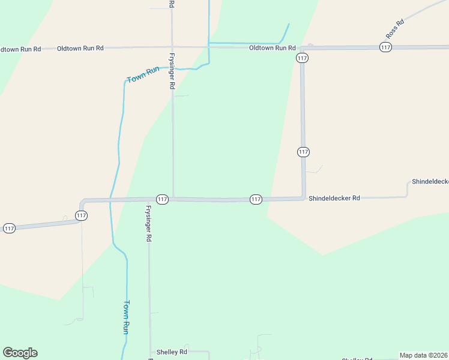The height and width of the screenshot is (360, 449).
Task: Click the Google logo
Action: tap(20, 353)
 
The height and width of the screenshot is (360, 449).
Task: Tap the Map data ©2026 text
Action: tap(423, 355)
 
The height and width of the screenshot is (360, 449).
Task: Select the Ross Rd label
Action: tap(395, 30)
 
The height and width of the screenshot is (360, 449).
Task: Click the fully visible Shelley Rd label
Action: tap(172, 352)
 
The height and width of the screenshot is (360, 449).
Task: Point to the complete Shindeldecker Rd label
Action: tap(334, 198)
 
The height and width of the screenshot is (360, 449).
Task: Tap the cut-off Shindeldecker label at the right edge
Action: tap(430, 181)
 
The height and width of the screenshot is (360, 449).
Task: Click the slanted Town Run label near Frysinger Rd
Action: tap(143, 74)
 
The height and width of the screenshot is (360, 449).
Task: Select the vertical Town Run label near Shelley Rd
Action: tap(127, 317)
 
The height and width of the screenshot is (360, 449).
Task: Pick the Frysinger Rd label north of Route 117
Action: tap(172, 70)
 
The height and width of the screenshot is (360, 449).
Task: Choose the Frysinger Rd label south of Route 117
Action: tap(148, 223)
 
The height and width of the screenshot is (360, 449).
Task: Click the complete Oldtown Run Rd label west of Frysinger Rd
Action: tap(80, 48)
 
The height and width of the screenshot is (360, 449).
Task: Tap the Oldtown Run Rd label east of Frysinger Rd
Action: tap(273, 48)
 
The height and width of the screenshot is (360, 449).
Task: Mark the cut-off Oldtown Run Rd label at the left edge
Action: tap(20, 49)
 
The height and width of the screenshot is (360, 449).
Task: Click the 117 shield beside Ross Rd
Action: tap(386, 47)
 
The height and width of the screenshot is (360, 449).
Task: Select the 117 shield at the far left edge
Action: tap(9, 229)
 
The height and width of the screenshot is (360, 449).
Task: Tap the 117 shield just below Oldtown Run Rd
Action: tap(302, 58)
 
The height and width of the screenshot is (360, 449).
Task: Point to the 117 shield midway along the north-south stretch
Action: tap(303, 152)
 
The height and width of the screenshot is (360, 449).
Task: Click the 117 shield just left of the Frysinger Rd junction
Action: tap(162, 199)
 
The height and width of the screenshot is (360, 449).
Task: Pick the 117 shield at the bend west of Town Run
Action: tap(82, 215)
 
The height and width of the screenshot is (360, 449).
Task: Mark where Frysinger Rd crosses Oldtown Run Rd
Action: tap(172, 47)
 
